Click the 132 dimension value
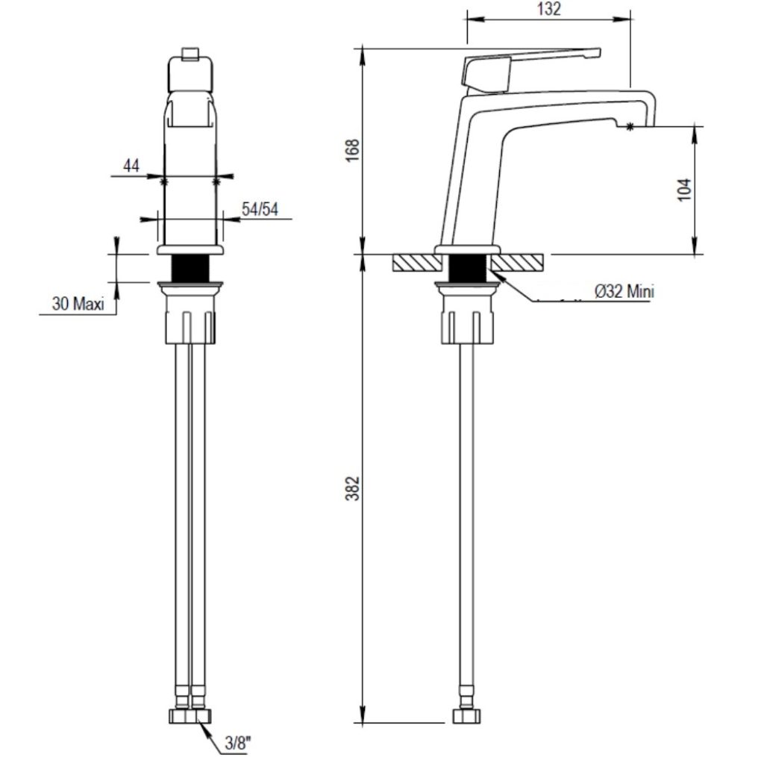[548, 9]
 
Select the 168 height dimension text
[352, 150]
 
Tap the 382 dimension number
[352, 488]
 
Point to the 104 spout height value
[685, 190]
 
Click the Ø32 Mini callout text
[624, 291]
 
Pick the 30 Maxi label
[78, 304]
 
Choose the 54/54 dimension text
[260, 209]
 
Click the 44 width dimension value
[131, 166]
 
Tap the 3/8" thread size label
[238, 744]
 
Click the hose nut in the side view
[466, 716]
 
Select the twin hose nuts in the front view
[190, 716]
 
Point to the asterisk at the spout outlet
[630, 127]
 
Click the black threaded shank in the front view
[190, 267]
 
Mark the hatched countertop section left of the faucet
[417, 263]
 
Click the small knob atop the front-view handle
[190, 54]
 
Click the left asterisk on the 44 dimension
[163, 182]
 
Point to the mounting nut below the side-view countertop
[467, 314]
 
